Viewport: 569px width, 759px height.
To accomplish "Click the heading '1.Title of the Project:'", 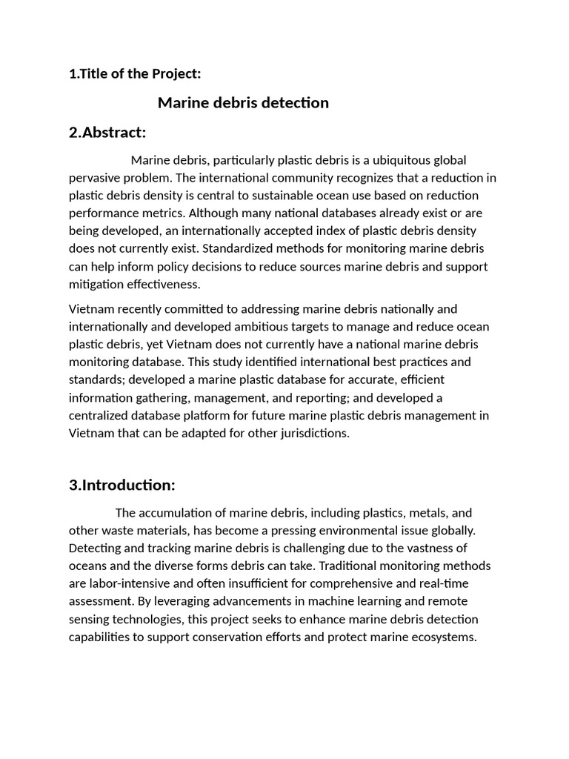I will [x=135, y=73].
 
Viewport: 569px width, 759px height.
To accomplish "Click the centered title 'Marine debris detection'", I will [x=243, y=102].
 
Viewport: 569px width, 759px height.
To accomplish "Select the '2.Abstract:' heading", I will [x=107, y=133].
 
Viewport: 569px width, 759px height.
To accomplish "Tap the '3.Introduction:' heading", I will [x=122, y=485].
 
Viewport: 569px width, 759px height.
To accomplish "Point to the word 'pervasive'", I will [x=96, y=178].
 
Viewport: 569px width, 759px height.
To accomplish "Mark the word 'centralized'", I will [x=100, y=416].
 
